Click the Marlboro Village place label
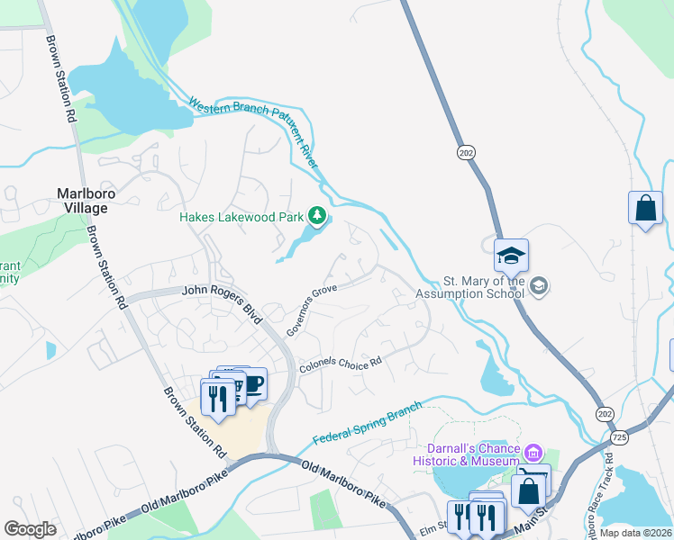pos(82,200)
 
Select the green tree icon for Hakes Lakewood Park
pos(316,215)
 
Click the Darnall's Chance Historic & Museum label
pos(474,455)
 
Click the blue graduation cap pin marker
pos(511,256)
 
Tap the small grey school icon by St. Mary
pos(539,286)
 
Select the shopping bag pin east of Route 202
pos(645,209)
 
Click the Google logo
pos(31,529)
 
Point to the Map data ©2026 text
pos(635,532)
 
